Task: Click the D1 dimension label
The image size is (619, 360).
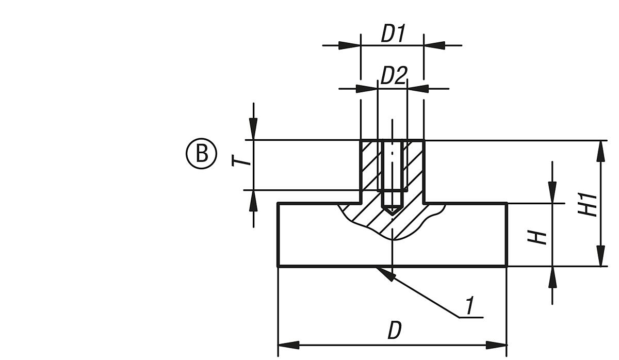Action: click(x=392, y=34)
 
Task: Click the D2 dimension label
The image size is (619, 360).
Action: click(x=394, y=76)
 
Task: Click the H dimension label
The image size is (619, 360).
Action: click(x=540, y=238)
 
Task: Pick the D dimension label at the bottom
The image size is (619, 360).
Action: click(x=394, y=331)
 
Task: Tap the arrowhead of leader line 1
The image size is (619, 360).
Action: click(x=385, y=274)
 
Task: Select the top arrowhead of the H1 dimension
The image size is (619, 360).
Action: click(x=600, y=150)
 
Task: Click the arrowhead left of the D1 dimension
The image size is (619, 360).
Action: click(x=350, y=45)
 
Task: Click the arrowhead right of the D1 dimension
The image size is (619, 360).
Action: click(x=434, y=45)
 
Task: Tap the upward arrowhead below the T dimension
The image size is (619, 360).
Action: click(x=253, y=200)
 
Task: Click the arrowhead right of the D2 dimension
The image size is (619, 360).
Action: click(x=417, y=88)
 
